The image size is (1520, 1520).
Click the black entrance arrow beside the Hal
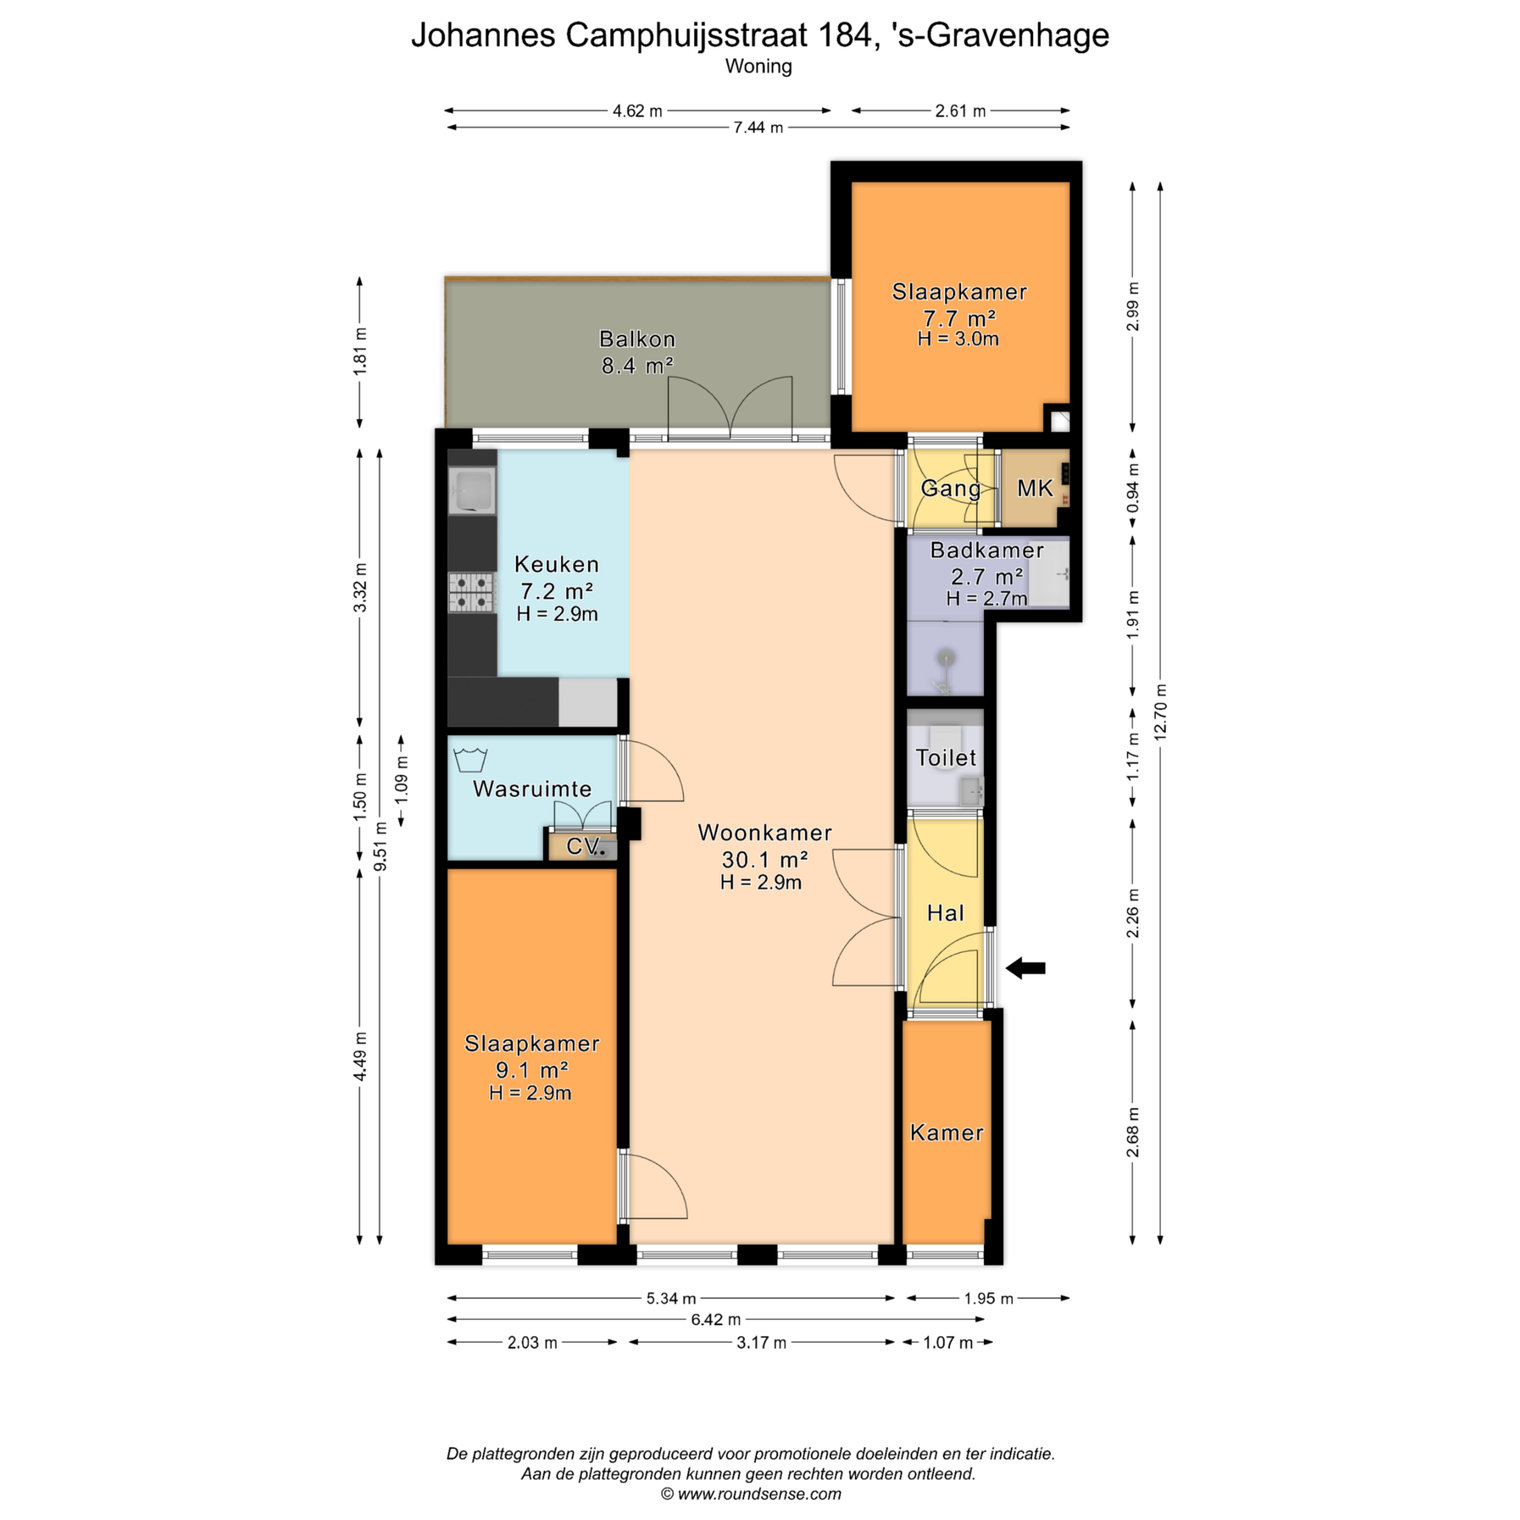click(x=1025, y=967)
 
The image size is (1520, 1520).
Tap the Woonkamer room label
click(x=765, y=833)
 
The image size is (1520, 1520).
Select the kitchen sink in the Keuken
click(x=472, y=489)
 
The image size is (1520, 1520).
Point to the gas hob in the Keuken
click(x=471, y=592)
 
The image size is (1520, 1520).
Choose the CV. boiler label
click(x=584, y=845)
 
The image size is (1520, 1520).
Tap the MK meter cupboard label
click(x=1035, y=488)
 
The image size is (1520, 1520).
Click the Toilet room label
click(x=946, y=758)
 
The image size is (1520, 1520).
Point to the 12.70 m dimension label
click(x=1161, y=712)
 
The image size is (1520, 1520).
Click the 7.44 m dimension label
click(x=758, y=127)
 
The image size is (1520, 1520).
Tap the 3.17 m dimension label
click(x=762, y=1342)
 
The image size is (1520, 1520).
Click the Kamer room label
click(x=947, y=1132)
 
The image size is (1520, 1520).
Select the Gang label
click(x=951, y=488)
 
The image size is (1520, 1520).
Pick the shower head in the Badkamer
click(x=945, y=658)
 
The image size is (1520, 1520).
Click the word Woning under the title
click(x=758, y=66)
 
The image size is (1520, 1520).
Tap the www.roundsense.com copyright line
click(x=750, y=1494)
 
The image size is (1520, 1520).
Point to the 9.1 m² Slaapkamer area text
click(x=532, y=1070)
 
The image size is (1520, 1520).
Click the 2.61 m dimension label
click(x=960, y=111)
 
